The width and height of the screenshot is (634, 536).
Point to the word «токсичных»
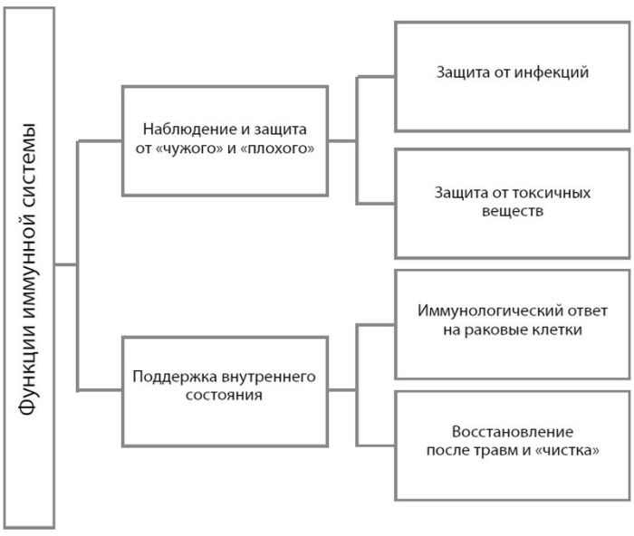pos(554,193)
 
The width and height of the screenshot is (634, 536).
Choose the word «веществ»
pos(513,211)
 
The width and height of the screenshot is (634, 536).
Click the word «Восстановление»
pos(513,431)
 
